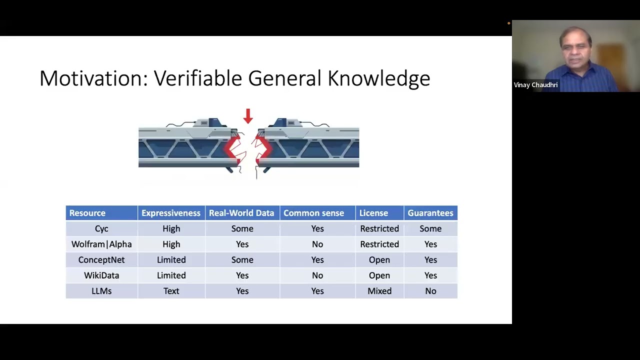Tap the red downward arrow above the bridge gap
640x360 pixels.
pos(248,116)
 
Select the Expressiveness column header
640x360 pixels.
pos(171,213)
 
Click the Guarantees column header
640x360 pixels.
pos(430,213)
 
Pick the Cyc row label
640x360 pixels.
pos(101,228)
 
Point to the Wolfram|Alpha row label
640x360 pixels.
pos(101,244)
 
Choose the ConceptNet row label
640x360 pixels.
pos(101,259)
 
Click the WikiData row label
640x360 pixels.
pos(101,275)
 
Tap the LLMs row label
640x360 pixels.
pos(101,291)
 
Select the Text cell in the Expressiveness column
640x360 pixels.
pos(171,291)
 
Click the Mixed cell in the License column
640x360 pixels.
pos(379,291)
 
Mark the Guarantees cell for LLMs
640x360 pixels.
pos(430,291)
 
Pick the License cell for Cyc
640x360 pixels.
pos(379,228)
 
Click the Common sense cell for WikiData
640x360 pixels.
pos(317,275)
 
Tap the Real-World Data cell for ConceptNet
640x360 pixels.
pos(242,259)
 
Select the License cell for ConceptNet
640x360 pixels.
pos(379,259)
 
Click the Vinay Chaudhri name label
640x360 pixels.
pos(535,85)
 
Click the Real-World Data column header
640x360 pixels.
pos(241,213)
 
